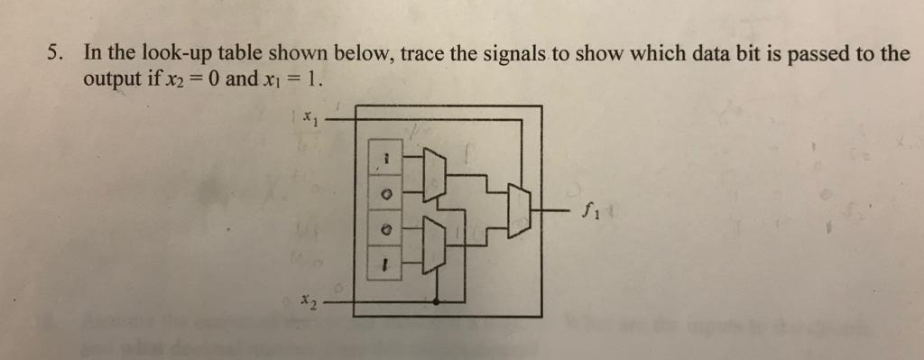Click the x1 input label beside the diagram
click(x=310, y=116)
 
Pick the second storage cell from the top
click(x=385, y=194)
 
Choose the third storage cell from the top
click(x=385, y=230)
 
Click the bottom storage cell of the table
click(x=385, y=265)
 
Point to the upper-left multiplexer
click(x=433, y=173)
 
